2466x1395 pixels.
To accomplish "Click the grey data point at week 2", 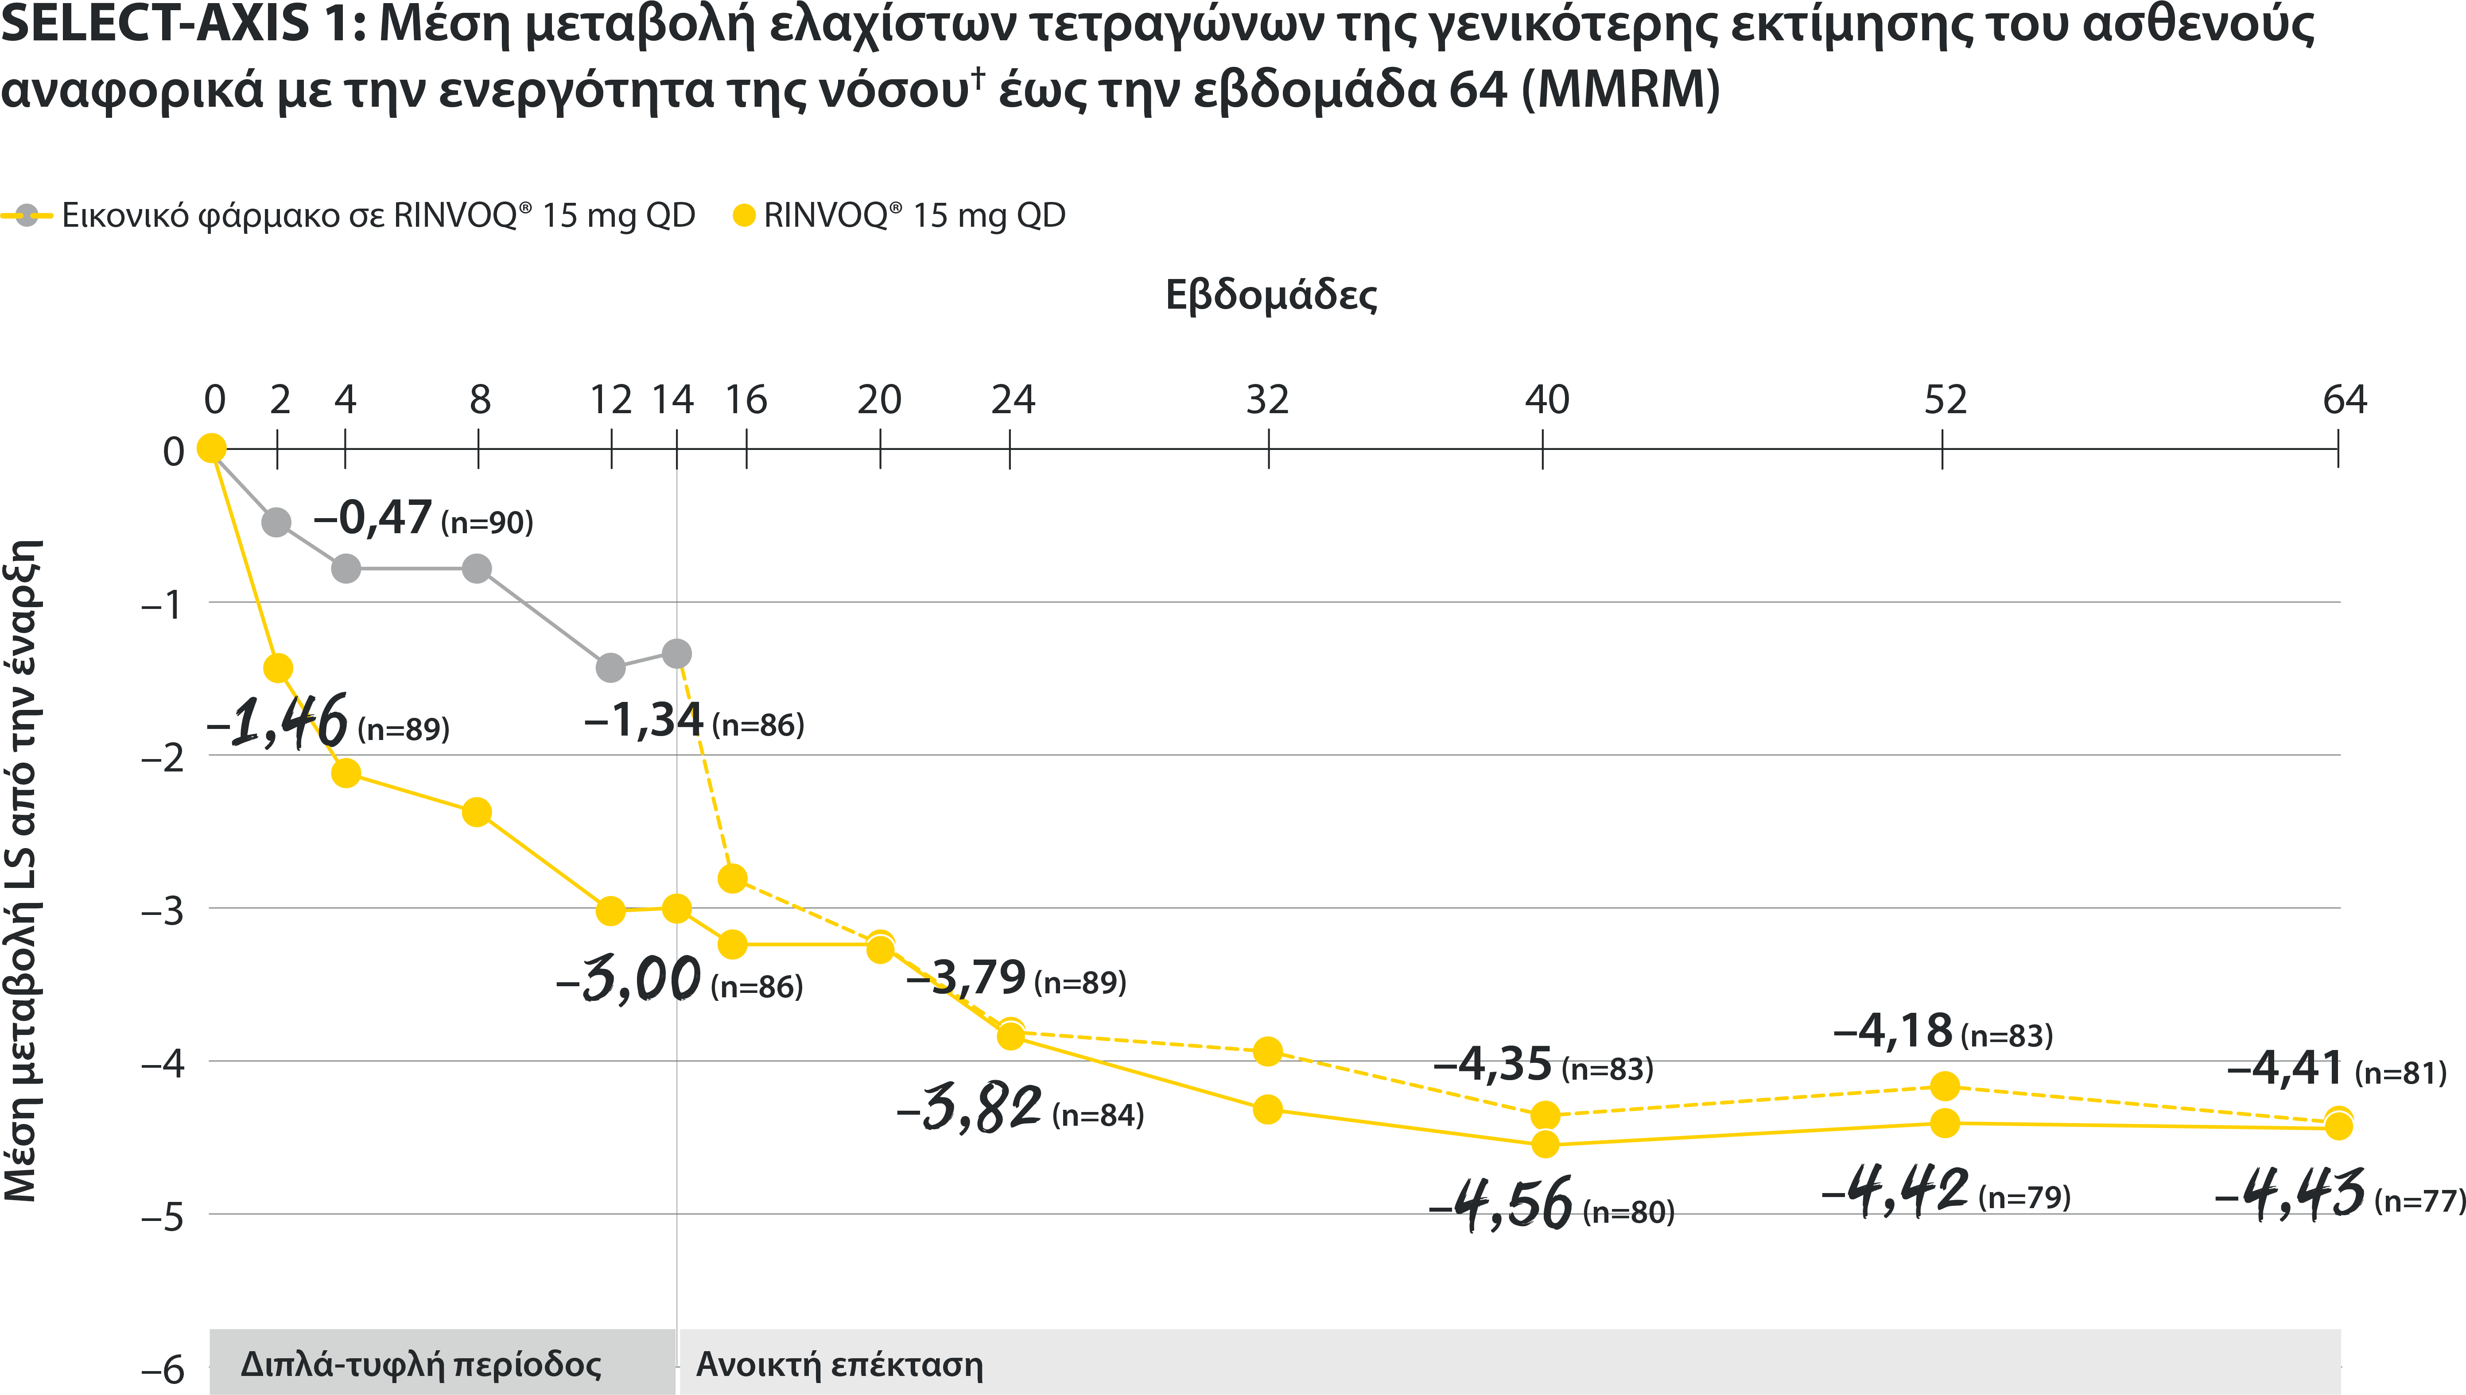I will pyautogui.click(x=277, y=522).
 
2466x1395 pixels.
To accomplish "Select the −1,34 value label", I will pyautogui.click(x=644, y=721).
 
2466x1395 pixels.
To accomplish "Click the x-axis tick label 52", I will pyautogui.click(x=1945, y=399).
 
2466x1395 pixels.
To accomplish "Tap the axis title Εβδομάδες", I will pyautogui.click(x=1271, y=295).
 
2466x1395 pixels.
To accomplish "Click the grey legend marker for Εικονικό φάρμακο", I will pyautogui.click(x=28, y=215).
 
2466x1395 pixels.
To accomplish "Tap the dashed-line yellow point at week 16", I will pyautogui.click(x=732, y=878).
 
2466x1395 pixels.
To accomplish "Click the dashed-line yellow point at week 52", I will pyautogui.click(x=1944, y=1085).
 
